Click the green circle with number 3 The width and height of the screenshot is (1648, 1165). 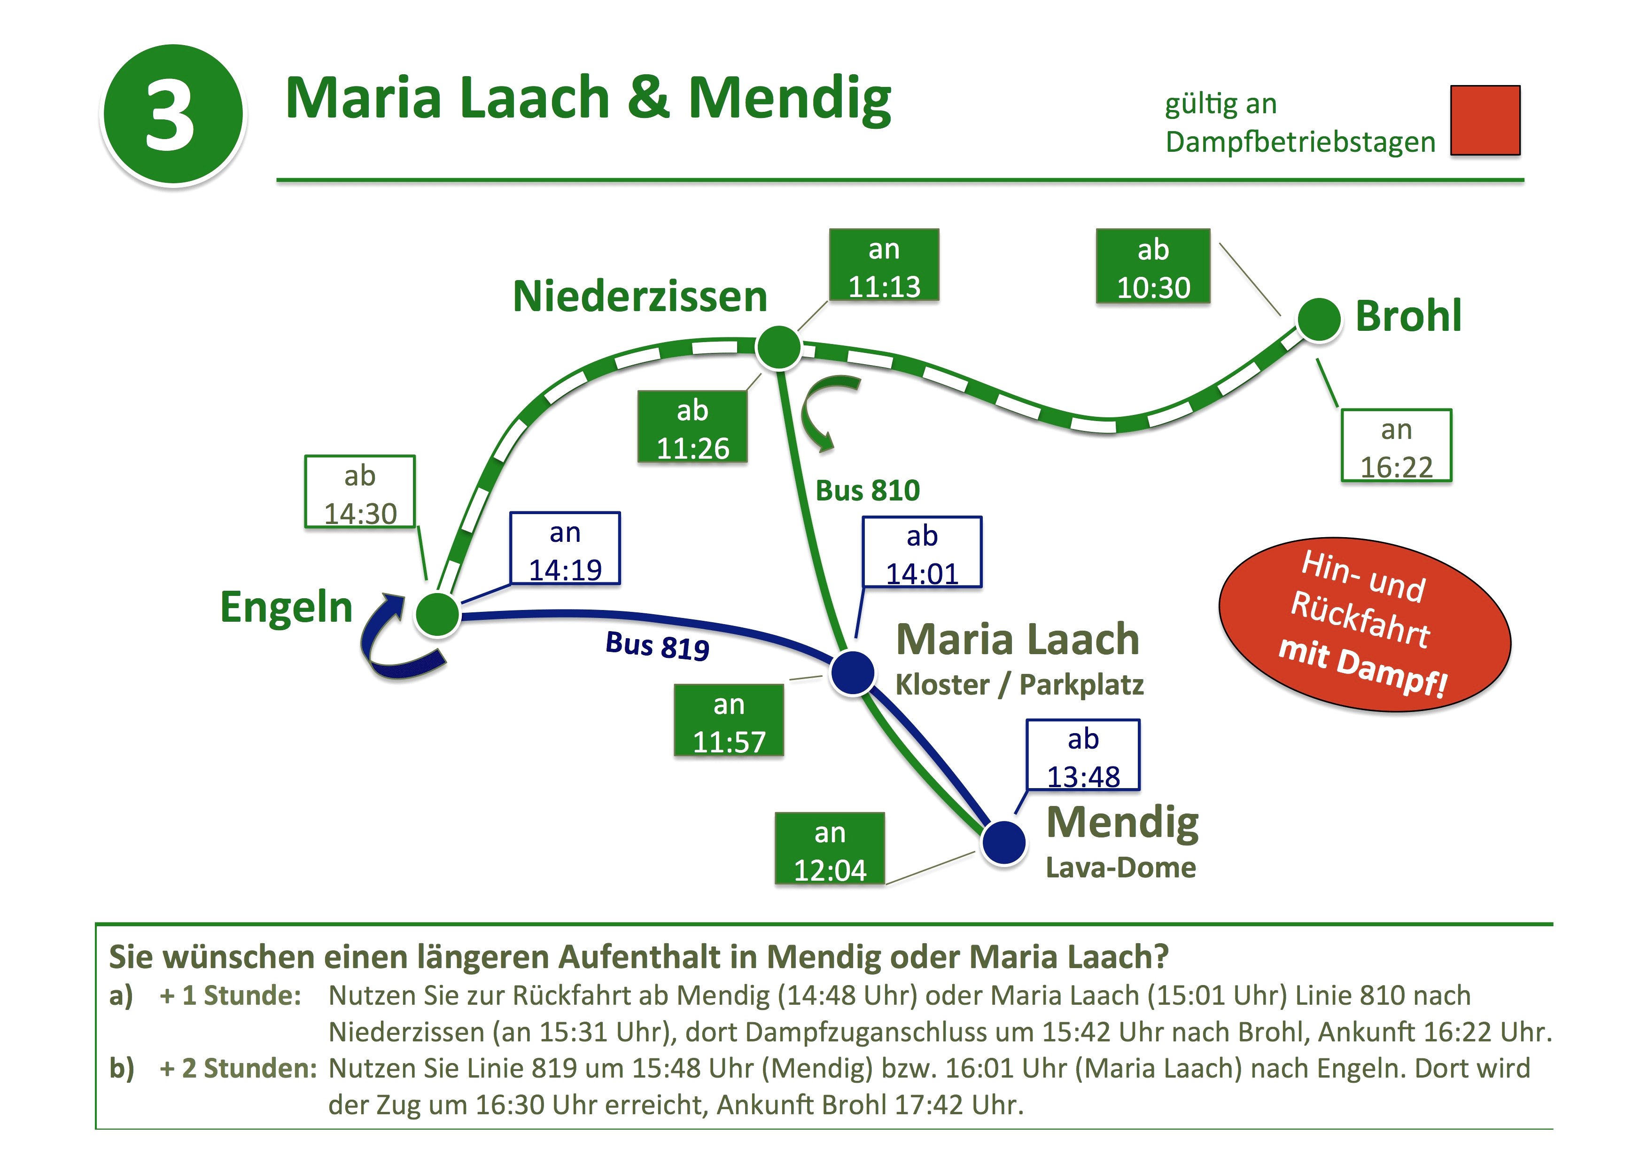tap(172, 114)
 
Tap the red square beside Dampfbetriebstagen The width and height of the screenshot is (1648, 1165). tap(1485, 121)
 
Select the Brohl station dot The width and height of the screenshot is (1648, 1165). tap(1319, 320)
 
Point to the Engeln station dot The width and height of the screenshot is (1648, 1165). tap(437, 614)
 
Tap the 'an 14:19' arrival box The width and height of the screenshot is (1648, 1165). tap(565, 549)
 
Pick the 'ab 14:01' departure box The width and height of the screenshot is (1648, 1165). tap(922, 553)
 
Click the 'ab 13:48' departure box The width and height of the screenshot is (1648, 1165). tap(1082, 756)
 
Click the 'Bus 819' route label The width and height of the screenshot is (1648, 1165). tap(657, 645)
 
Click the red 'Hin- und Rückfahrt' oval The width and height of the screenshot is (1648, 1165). tap(1364, 625)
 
